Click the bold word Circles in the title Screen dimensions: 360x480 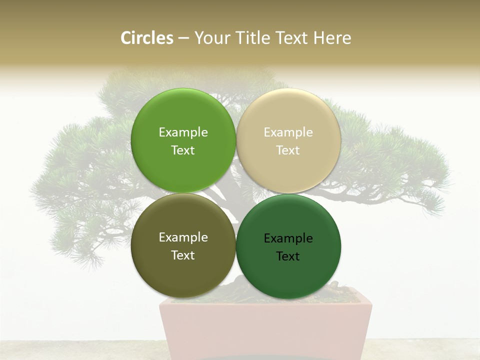coord(147,38)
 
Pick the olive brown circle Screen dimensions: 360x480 coord(183,272)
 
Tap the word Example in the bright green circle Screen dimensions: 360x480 coord(183,132)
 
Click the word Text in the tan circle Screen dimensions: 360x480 coord(288,150)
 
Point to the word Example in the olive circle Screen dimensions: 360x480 coord(183,237)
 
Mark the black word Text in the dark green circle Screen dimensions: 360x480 coord(288,256)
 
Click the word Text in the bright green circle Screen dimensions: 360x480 coord(183,150)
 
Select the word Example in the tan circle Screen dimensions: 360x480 coord(288,132)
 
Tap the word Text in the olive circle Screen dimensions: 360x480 coord(183,255)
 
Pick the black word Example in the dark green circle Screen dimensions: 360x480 coord(288,238)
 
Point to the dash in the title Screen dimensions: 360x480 coord(183,38)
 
